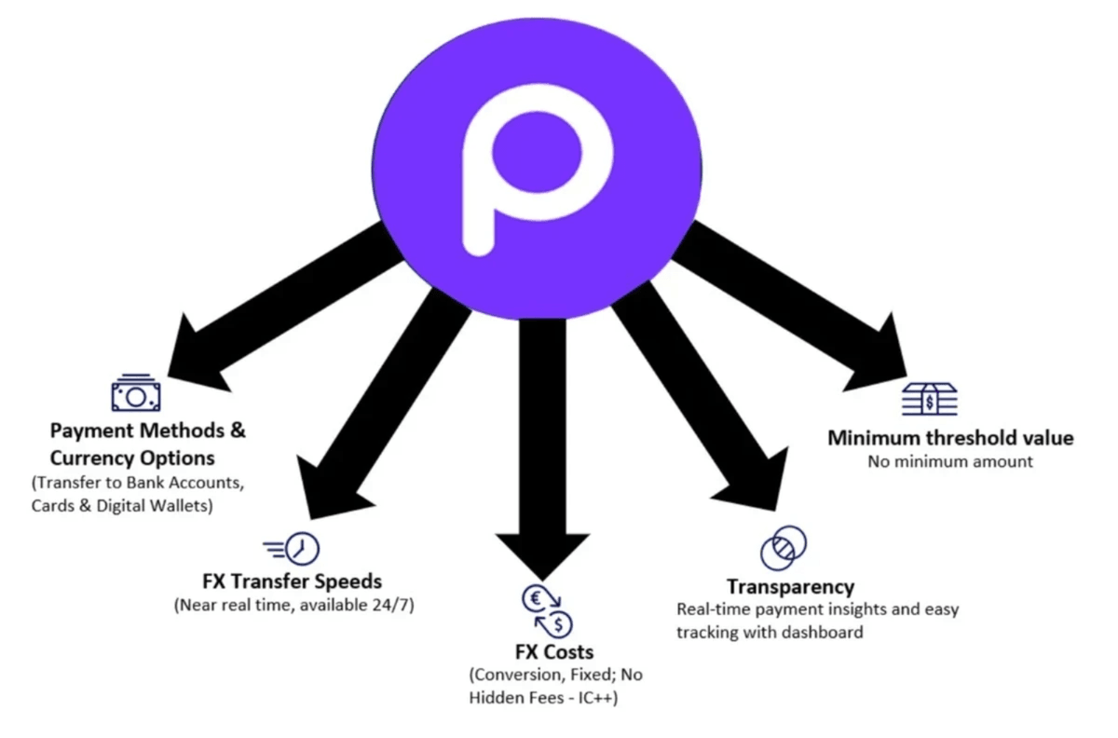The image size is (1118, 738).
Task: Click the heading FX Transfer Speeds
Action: point(292,581)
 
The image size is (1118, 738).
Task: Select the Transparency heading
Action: point(790,587)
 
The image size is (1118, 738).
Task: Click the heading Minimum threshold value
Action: point(950,438)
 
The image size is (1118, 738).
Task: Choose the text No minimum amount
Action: point(950,462)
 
